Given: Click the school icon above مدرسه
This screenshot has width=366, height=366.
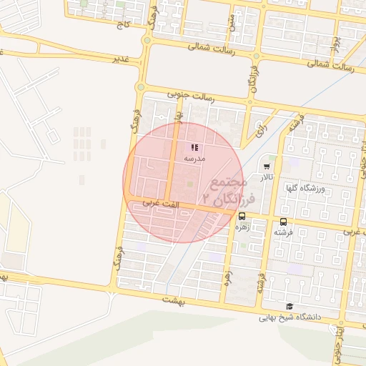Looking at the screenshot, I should click(194, 147).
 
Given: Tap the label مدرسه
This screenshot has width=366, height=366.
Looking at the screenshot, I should click(194, 158).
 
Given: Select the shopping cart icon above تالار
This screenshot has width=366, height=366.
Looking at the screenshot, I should click(267, 166).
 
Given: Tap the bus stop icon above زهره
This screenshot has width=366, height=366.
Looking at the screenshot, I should click(242, 216).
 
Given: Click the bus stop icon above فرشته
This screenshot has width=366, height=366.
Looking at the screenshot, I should click(284, 222).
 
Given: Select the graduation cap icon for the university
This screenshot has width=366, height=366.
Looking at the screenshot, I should click(289, 306).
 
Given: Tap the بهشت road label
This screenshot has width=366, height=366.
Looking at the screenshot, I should click(173, 300).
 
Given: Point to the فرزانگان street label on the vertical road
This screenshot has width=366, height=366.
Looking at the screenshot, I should click(253, 79).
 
